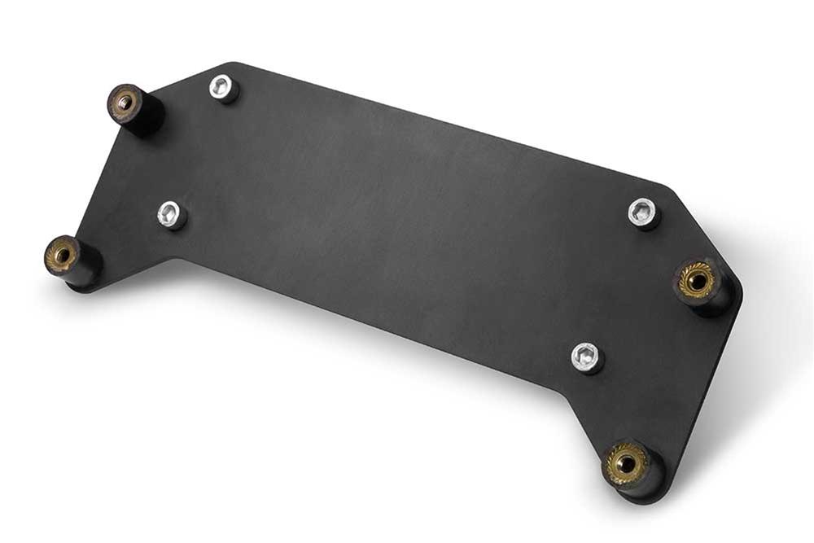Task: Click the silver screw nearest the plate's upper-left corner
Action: tap(222, 87)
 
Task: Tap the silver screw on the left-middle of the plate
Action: tap(172, 215)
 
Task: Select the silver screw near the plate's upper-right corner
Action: tap(643, 213)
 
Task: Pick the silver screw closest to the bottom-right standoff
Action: tap(587, 357)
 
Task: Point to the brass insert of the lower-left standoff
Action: tap(62, 255)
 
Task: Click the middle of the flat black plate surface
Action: tap(407, 220)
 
